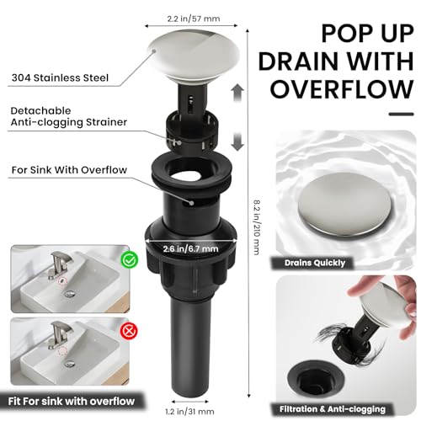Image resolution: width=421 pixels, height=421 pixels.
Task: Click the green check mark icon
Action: pyautogui.click(x=130, y=260)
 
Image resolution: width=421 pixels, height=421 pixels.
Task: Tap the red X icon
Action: pyautogui.click(x=129, y=331)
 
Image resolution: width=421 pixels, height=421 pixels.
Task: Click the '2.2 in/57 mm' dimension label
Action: pyautogui.click(x=194, y=19)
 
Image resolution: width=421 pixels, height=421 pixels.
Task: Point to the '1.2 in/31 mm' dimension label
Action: pyautogui.click(x=189, y=412)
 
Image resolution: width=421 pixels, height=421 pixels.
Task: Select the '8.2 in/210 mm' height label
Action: pyautogui.click(x=257, y=227)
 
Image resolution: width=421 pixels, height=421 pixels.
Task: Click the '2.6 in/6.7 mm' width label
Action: pyautogui.click(x=190, y=248)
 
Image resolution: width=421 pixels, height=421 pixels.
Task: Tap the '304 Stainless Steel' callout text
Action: pyautogui.click(x=60, y=77)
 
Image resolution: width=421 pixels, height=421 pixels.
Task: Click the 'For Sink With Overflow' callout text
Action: pyautogui.click(x=69, y=170)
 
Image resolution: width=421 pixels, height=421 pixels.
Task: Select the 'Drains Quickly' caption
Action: pyautogui.click(x=315, y=263)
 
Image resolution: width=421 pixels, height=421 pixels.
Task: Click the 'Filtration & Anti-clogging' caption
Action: pyautogui.click(x=333, y=409)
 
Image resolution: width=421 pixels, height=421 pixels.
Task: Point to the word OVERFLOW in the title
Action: pyautogui.click(x=342, y=89)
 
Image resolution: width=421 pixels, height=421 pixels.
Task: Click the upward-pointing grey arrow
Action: pyautogui.click(x=237, y=93)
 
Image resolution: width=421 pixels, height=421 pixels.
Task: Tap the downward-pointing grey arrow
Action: pyautogui.click(x=237, y=142)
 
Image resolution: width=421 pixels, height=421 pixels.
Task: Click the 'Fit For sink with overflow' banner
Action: pyautogui.click(x=72, y=402)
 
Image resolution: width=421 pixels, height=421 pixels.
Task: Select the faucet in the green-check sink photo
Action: pyautogui.click(x=59, y=265)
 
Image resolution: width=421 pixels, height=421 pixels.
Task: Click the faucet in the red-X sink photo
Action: pyautogui.click(x=59, y=335)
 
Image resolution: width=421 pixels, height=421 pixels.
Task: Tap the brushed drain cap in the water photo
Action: pyautogui.click(x=344, y=204)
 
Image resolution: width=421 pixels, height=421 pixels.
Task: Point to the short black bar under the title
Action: pyautogui.click(x=401, y=114)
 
